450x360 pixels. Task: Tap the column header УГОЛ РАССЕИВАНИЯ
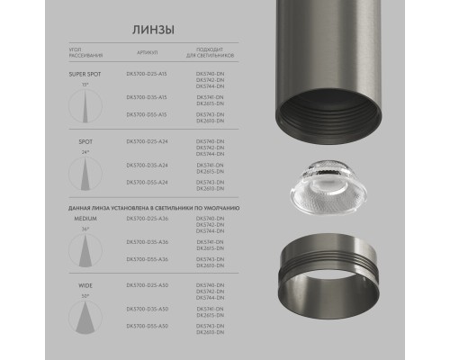coord(77,56)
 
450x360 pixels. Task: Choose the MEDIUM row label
coord(75,219)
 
